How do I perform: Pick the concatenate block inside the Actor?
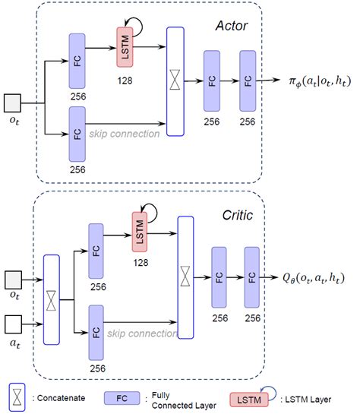[x=175, y=81]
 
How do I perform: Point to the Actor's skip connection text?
[x=123, y=134]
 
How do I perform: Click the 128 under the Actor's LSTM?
[x=125, y=78]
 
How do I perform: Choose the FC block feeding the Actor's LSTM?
[x=77, y=58]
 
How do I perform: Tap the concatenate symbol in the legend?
[x=16, y=396]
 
